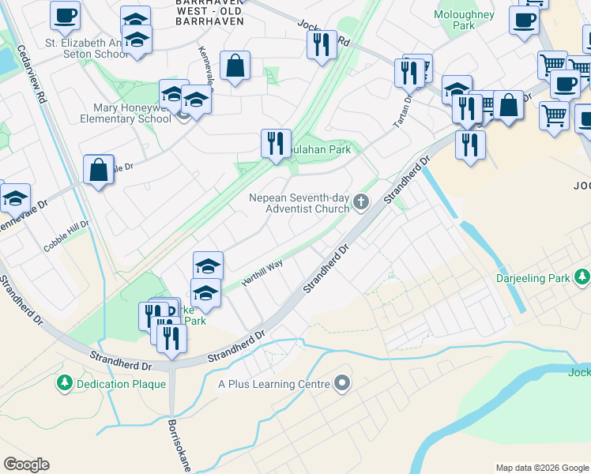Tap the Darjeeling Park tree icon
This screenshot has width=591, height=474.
583,277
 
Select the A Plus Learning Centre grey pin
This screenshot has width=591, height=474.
341,384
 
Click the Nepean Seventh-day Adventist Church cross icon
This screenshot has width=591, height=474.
361,201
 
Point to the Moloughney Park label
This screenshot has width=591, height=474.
464,20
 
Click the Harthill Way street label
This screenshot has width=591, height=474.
262,274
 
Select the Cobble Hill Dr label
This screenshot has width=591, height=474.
67,235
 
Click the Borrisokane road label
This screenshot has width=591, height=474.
181,446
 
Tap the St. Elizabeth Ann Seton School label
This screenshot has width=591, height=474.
87,48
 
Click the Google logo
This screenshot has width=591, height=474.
26,465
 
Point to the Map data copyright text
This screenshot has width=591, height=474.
542,468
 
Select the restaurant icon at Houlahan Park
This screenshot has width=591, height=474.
276,144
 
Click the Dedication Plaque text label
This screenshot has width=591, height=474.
121,384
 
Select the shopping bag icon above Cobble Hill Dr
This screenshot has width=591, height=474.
98,170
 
